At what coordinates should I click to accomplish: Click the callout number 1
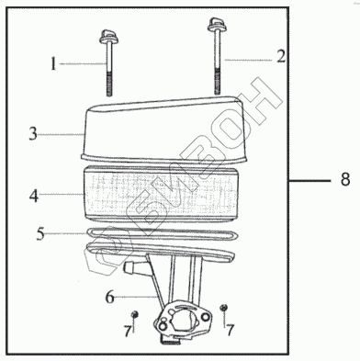click(53, 64)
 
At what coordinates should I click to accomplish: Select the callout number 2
click(281, 57)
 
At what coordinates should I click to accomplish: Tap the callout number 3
click(33, 134)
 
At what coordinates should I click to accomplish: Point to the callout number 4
click(34, 196)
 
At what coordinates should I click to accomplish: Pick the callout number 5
click(40, 233)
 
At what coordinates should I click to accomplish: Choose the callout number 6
click(110, 297)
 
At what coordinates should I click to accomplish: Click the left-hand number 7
click(128, 331)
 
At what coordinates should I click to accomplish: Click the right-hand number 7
click(230, 330)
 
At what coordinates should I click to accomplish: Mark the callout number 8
click(345, 179)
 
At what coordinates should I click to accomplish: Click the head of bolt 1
click(108, 37)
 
